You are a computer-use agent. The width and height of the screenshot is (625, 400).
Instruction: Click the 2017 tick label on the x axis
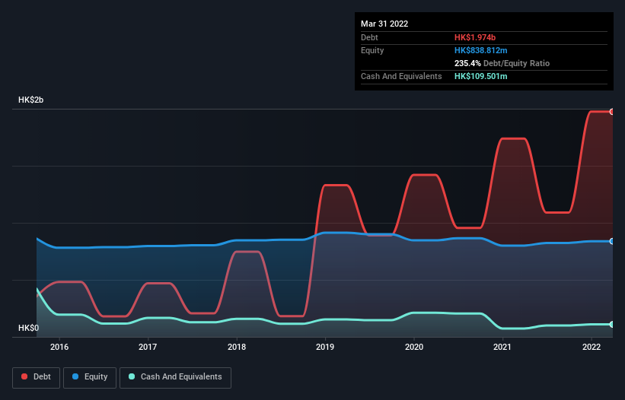point(148,347)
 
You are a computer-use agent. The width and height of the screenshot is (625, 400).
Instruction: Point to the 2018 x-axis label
point(237,347)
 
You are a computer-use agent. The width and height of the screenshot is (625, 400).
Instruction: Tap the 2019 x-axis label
point(326,347)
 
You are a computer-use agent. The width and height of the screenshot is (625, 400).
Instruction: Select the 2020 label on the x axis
point(414,347)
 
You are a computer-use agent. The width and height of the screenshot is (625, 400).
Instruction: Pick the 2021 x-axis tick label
point(502,347)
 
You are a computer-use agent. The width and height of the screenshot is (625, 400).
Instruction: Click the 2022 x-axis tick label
point(592,347)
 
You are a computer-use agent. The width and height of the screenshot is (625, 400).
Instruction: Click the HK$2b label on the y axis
point(32,100)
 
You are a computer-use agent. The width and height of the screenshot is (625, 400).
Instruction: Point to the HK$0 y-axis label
point(29,328)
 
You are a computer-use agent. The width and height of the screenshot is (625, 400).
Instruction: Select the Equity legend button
point(90,376)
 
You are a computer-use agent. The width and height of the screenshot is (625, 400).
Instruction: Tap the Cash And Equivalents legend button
point(175,376)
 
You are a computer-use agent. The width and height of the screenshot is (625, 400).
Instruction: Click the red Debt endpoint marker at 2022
point(612,112)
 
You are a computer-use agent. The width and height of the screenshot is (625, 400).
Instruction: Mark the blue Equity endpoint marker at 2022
point(612,241)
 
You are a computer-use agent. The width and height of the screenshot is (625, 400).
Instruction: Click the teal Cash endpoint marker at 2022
point(612,324)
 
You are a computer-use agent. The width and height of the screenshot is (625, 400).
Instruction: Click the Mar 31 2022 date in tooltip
point(384,24)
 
